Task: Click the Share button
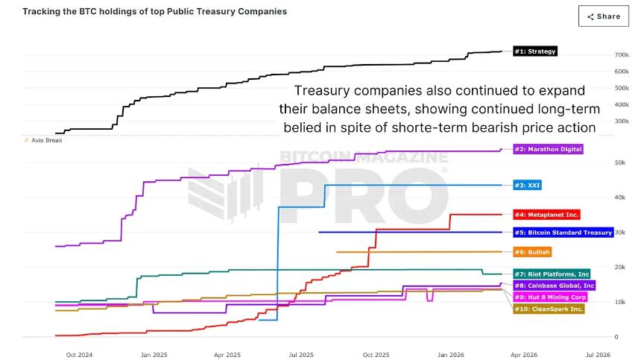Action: point(603,16)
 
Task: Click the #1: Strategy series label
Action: point(534,51)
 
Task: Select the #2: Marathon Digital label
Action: point(548,149)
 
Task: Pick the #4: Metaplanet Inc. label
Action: point(546,215)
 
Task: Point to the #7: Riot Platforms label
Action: point(552,274)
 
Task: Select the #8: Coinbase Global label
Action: point(554,285)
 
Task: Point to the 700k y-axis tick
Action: point(622,55)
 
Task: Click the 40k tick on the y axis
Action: point(619,198)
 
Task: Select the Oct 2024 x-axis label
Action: point(79,354)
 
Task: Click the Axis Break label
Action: point(46,140)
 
